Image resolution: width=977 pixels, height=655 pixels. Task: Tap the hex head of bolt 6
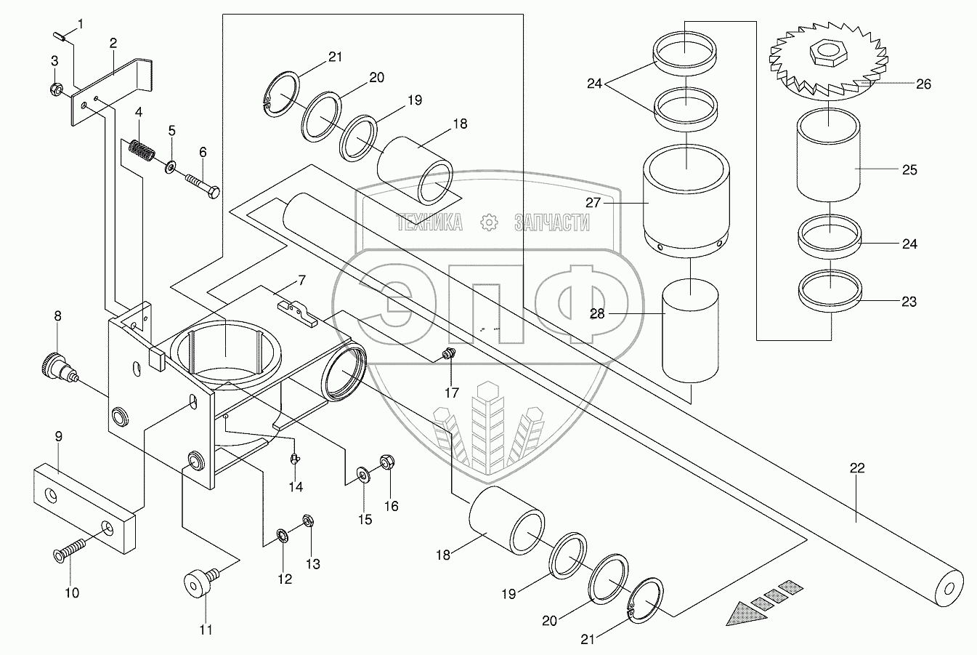coord(214,192)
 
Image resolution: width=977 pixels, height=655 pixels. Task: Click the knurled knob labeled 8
coord(58,366)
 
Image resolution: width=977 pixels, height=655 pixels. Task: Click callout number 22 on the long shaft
coord(857,468)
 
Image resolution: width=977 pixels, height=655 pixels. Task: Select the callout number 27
coord(593,203)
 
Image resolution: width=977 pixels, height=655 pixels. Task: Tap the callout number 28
coord(597,314)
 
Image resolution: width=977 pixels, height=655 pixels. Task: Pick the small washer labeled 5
coord(171,166)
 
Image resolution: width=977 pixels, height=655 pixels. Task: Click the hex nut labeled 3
coord(55,89)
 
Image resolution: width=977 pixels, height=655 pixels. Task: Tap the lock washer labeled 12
coord(282,536)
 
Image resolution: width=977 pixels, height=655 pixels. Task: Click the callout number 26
coord(923,84)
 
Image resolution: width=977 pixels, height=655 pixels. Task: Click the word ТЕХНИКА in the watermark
coord(429,222)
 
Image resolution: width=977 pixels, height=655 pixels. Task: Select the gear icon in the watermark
coord(488,222)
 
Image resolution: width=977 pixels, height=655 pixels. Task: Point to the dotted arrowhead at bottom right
coord(747,615)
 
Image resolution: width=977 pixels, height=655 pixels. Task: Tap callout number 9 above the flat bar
coord(58,437)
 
